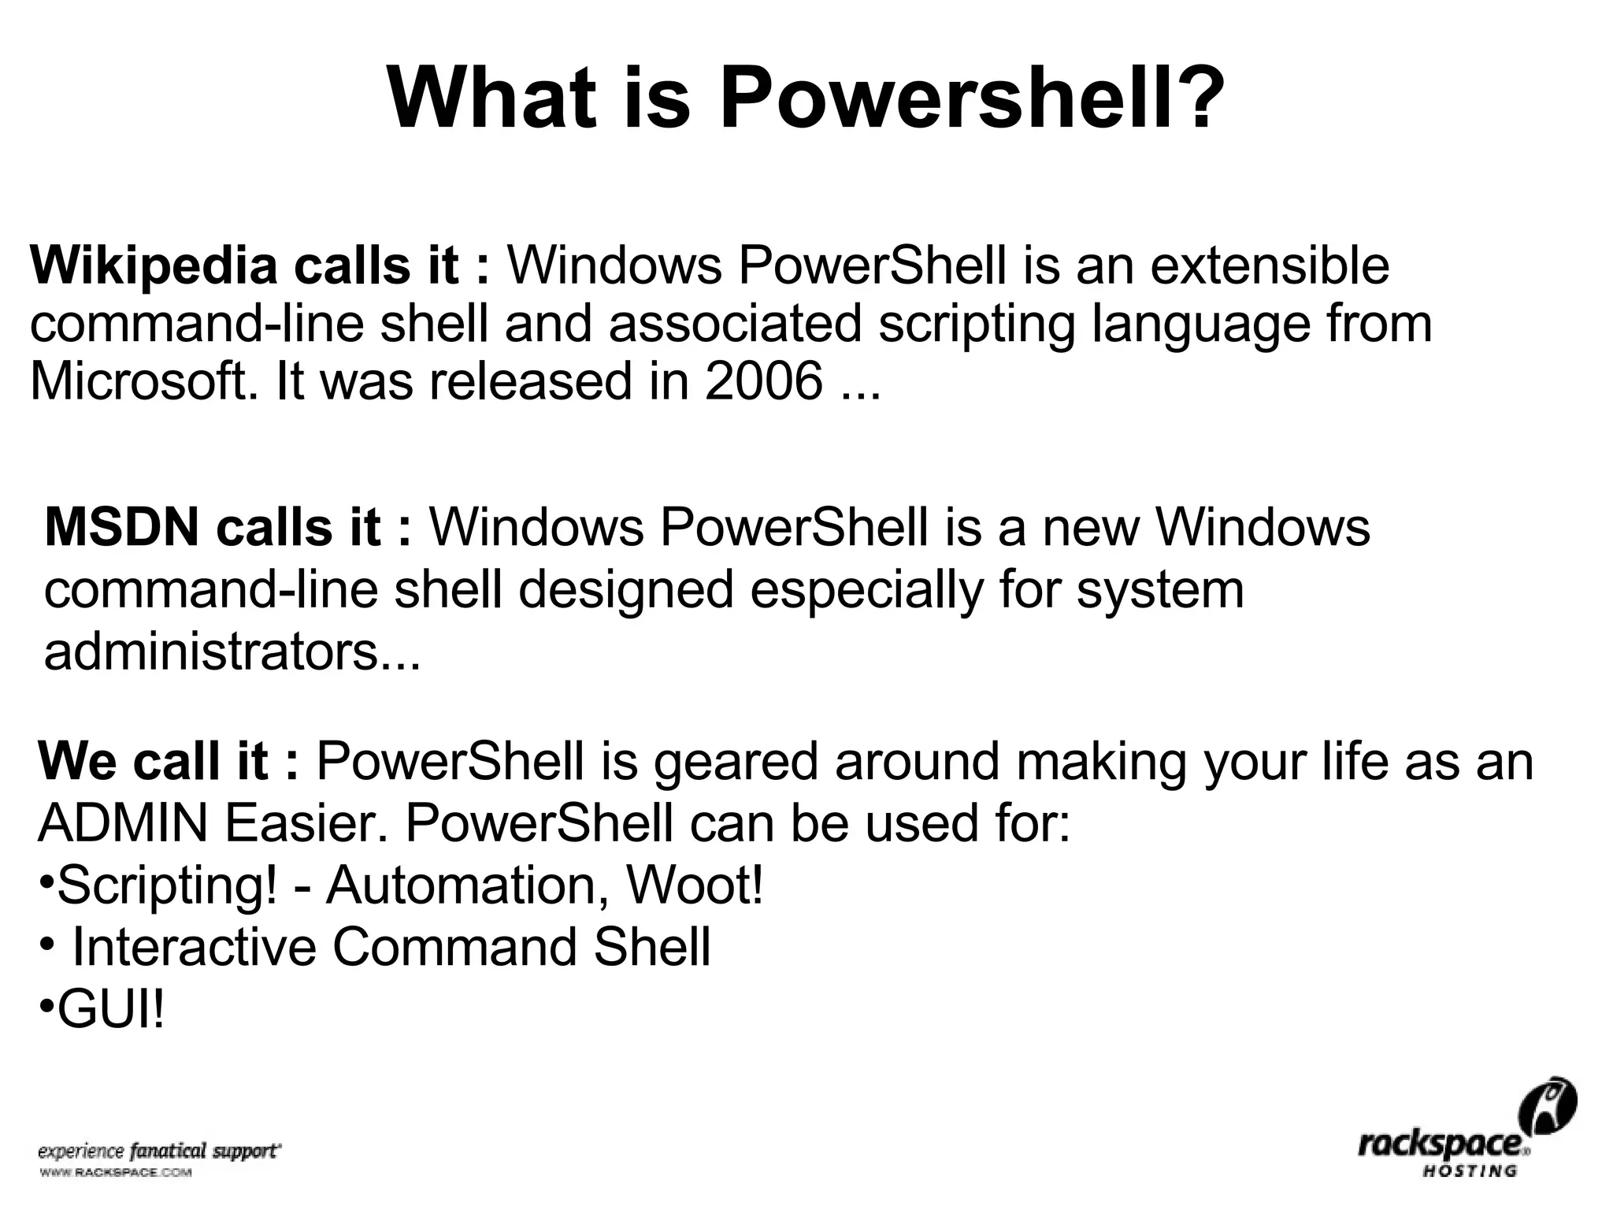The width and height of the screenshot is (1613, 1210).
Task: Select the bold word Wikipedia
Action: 154,265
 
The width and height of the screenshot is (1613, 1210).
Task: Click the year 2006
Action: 763,381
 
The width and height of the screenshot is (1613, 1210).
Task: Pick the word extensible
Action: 1270,265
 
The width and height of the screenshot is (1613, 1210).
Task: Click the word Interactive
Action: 194,948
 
